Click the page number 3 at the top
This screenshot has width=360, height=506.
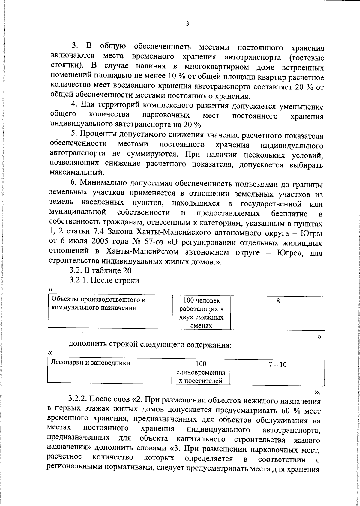click(x=187, y=24)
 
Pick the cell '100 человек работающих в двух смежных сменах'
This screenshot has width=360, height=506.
click(x=201, y=313)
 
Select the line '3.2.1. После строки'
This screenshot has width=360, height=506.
click(x=104, y=280)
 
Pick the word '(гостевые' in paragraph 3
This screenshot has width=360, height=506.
click(x=306, y=57)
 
